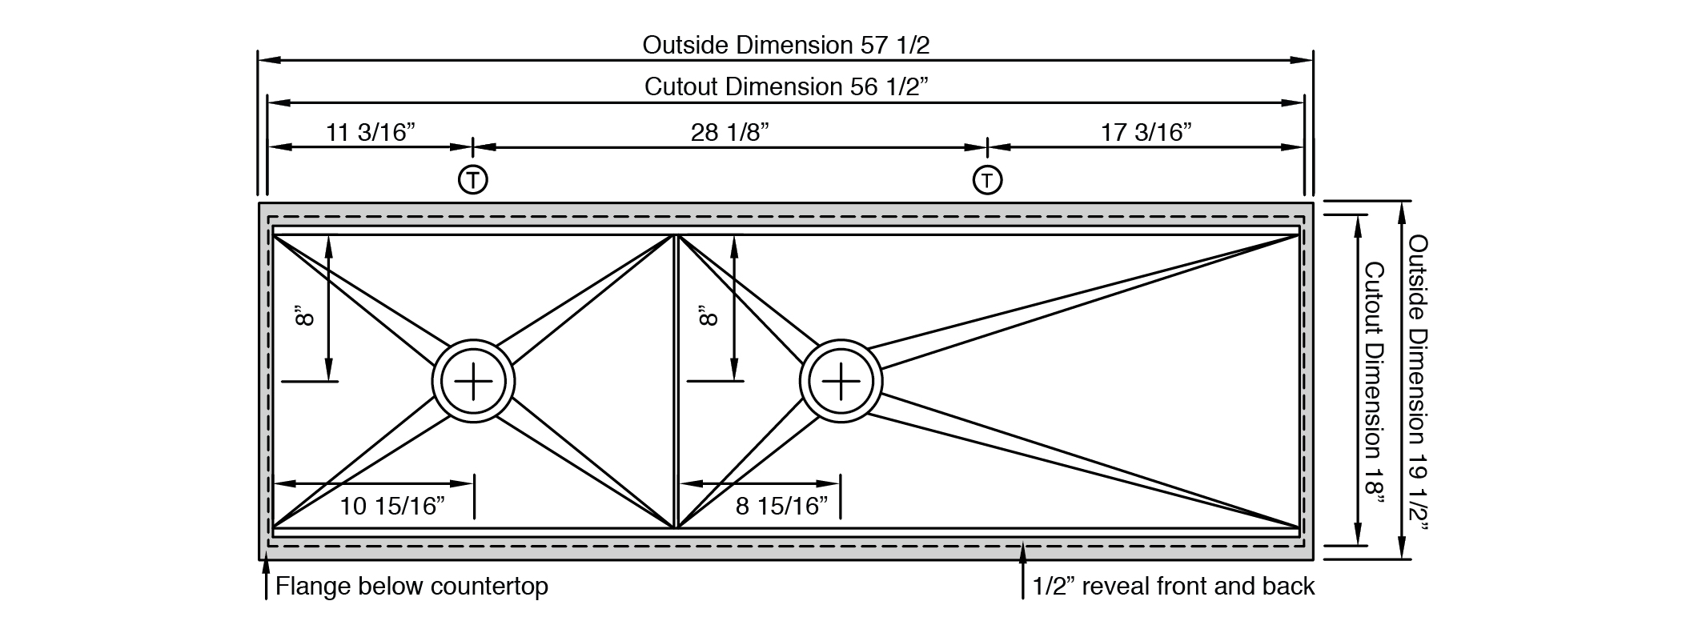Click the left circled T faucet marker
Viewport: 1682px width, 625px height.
(473, 179)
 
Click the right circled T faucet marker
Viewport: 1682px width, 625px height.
(987, 179)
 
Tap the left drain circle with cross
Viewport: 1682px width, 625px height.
(473, 382)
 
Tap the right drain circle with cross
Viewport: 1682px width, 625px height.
(841, 382)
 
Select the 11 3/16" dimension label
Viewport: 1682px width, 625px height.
(370, 132)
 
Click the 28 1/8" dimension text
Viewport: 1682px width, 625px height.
(729, 132)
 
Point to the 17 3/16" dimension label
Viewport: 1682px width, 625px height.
(1146, 132)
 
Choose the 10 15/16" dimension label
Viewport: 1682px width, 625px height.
(391, 506)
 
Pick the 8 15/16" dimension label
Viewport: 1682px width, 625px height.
(781, 506)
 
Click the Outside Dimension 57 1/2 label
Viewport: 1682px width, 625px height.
(785, 45)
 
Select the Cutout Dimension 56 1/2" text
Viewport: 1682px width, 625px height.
(785, 86)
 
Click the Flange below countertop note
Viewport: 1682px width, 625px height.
(411, 587)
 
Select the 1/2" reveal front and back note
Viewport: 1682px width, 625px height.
(1174, 587)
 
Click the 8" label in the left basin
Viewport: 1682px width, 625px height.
(304, 315)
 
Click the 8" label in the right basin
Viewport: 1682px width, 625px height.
(709, 315)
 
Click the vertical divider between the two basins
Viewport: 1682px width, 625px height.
(675, 382)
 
